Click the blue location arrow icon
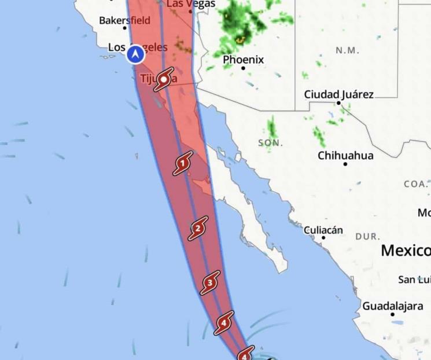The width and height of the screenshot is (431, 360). pyautogui.click(x=135, y=54)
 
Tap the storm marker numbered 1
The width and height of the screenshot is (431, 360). pyautogui.click(x=182, y=164)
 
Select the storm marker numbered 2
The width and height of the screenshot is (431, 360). pyautogui.click(x=198, y=229)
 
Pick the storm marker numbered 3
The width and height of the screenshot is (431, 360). pyautogui.click(x=210, y=283)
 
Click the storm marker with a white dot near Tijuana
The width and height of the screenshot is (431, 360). pyautogui.click(x=164, y=80)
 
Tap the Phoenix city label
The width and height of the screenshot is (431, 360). pyautogui.click(x=243, y=60)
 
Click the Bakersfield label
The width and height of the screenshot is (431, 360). pyautogui.click(x=124, y=20)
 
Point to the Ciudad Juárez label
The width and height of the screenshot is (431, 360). pyautogui.click(x=339, y=94)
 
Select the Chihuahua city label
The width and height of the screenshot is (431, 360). pyautogui.click(x=345, y=156)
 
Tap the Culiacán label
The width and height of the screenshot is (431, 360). pyautogui.click(x=323, y=230)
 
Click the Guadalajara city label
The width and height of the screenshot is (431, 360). pyautogui.click(x=392, y=306)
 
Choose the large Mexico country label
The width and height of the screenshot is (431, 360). pyautogui.click(x=406, y=251)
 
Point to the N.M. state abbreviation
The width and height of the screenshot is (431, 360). pyautogui.click(x=347, y=50)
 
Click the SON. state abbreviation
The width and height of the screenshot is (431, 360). pyautogui.click(x=271, y=142)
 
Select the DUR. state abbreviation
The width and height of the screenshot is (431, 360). pyautogui.click(x=367, y=236)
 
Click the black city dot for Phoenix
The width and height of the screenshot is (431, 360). pyautogui.click(x=243, y=68)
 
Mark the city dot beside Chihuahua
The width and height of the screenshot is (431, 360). pyautogui.click(x=345, y=164)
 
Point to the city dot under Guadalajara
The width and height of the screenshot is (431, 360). pyautogui.click(x=392, y=314)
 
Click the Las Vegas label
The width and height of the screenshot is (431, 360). pyautogui.click(x=191, y=4)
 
